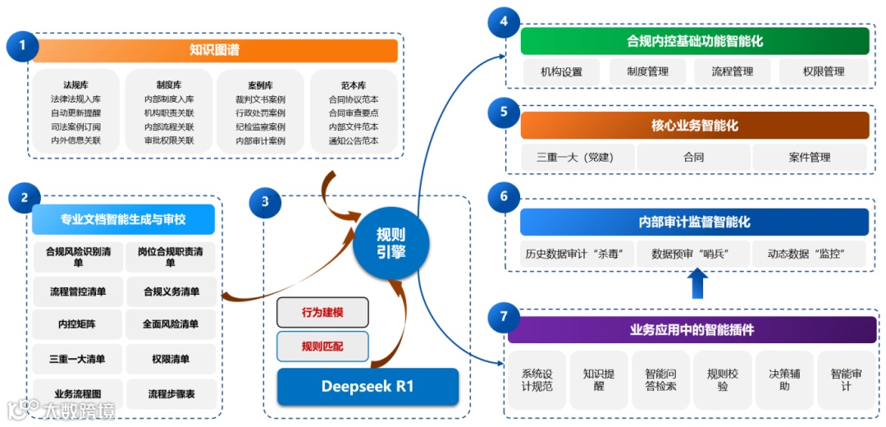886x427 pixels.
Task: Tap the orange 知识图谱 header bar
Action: click(215, 50)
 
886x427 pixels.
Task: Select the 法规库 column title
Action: click(75, 85)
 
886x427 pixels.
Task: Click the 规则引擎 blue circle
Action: click(390, 243)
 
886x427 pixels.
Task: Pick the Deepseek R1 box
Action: click(368, 386)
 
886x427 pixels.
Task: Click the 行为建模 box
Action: click(322, 312)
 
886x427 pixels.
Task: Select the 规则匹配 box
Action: click(322, 347)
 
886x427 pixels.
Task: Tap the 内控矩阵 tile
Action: click(77, 324)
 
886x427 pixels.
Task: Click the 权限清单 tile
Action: click(171, 359)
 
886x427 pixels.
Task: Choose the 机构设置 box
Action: click(561, 71)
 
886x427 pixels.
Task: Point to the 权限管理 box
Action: click(824, 71)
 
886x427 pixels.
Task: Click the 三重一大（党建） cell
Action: click(575, 157)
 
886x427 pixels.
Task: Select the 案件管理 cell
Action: click(810, 157)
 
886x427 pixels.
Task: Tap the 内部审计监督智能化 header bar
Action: click(694, 222)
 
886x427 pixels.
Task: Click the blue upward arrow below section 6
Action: click(696, 284)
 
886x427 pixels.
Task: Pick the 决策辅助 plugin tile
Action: click(785, 380)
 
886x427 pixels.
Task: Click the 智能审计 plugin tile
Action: click(847, 380)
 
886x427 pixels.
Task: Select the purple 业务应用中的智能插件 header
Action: click(692, 330)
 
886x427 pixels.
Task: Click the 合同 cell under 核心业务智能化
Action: click(693, 157)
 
